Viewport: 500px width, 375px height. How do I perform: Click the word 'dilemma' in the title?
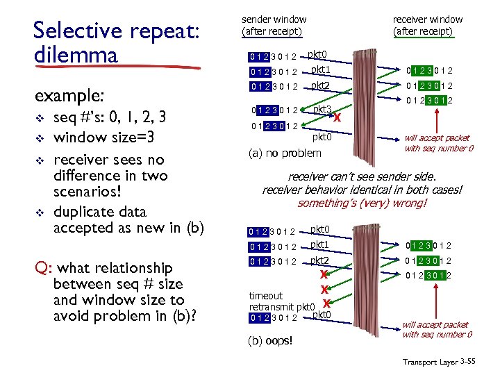(x=74, y=54)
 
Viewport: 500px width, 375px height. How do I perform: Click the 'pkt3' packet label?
(x=322, y=109)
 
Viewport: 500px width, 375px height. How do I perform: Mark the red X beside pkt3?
(x=337, y=117)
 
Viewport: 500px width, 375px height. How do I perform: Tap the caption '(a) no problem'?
(x=285, y=153)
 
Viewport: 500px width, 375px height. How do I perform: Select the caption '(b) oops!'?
(x=271, y=340)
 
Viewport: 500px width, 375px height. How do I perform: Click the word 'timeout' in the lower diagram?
(x=266, y=296)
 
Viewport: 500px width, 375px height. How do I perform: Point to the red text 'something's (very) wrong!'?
(x=362, y=203)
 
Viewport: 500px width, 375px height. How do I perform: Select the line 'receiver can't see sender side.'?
(x=362, y=177)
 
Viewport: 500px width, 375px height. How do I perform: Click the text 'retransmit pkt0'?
(x=283, y=306)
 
